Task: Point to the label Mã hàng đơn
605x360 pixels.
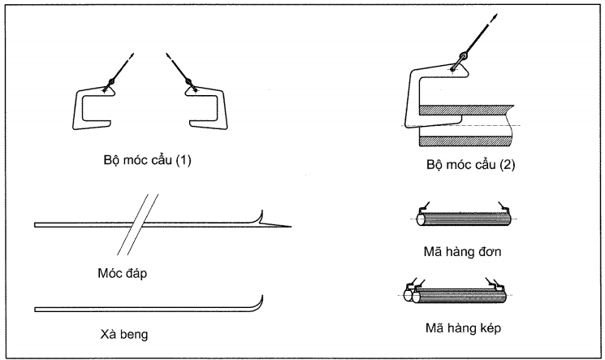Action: tap(466, 252)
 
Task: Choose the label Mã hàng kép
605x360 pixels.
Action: tap(465, 327)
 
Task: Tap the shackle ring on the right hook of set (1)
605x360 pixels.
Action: tap(188, 81)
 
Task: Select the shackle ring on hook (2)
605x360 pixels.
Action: tap(463, 57)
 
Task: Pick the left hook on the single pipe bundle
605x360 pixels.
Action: tap(423, 206)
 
